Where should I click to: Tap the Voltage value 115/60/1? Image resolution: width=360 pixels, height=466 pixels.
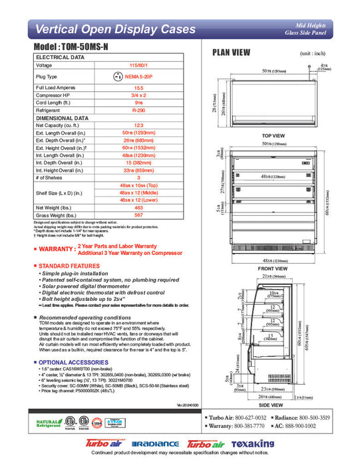139,65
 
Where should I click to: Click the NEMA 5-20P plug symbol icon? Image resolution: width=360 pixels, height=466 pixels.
118,77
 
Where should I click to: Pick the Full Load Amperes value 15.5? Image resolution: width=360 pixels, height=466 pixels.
139,88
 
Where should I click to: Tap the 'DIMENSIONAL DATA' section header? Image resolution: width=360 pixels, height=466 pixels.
63,117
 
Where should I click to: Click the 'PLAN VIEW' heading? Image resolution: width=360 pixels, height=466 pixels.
231,53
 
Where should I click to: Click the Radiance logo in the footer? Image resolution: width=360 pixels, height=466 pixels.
155,444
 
